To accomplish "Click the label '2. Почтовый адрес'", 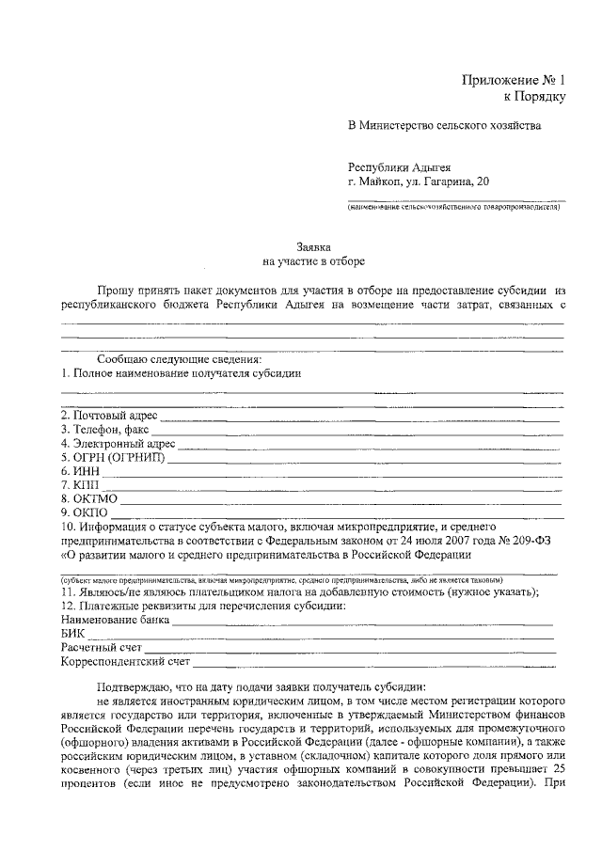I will click(108, 416).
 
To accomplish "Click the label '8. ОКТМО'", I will click(87, 498).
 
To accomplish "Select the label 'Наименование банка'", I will click(115, 620).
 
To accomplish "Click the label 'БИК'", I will click(72, 634).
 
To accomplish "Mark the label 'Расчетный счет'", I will click(102, 648).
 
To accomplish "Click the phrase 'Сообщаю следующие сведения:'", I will click(179, 359).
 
